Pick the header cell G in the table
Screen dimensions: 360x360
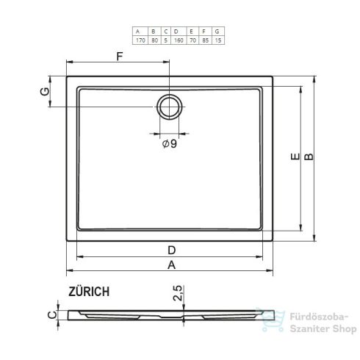tap(217, 31)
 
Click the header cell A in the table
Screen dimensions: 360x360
tap(137, 31)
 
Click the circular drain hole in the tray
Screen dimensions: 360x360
tap(170, 107)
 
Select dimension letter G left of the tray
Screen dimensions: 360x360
tap(44, 92)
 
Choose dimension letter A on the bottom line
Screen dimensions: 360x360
tap(170, 265)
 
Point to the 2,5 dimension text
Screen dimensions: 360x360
tap(176, 295)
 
